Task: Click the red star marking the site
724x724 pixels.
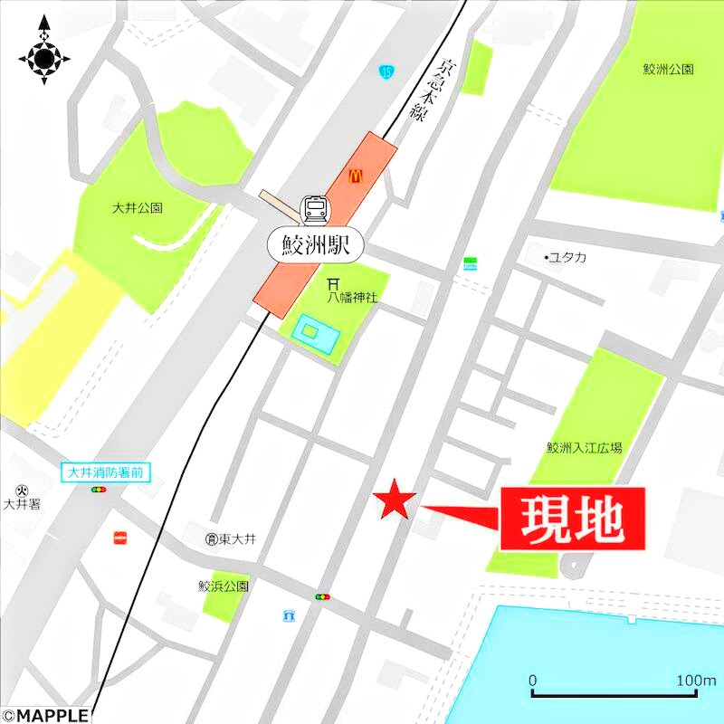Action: pyautogui.click(x=395, y=500)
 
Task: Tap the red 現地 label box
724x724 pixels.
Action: pyautogui.click(x=572, y=519)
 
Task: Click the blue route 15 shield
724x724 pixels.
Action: pyautogui.click(x=387, y=71)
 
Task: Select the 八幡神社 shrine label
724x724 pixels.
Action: pyautogui.click(x=353, y=295)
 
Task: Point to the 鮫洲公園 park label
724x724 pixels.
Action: pyautogui.click(x=668, y=70)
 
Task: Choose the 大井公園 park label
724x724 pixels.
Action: pyautogui.click(x=138, y=207)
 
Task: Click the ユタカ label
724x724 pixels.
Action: pyautogui.click(x=567, y=258)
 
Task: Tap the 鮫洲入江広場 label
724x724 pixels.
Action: pyautogui.click(x=585, y=447)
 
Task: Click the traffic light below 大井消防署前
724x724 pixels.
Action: pyautogui.click(x=98, y=490)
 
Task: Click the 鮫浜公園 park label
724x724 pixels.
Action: pyautogui.click(x=224, y=586)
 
